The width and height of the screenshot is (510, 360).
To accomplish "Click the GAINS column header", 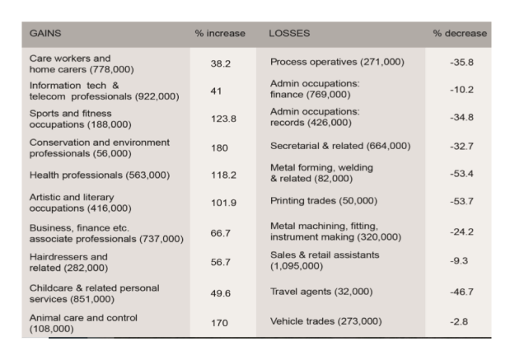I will (45, 35).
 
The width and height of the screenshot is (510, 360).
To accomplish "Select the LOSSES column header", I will (288, 35).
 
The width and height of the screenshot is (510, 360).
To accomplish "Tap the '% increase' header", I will (222, 35).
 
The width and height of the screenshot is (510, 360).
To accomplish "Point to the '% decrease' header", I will (460, 35).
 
